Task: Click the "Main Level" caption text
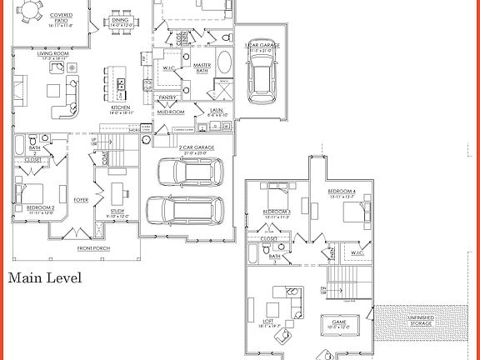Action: coord(45,278)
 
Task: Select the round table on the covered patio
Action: coord(30,11)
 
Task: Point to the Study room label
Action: coord(117,212)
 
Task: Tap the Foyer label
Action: coord(81,200)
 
